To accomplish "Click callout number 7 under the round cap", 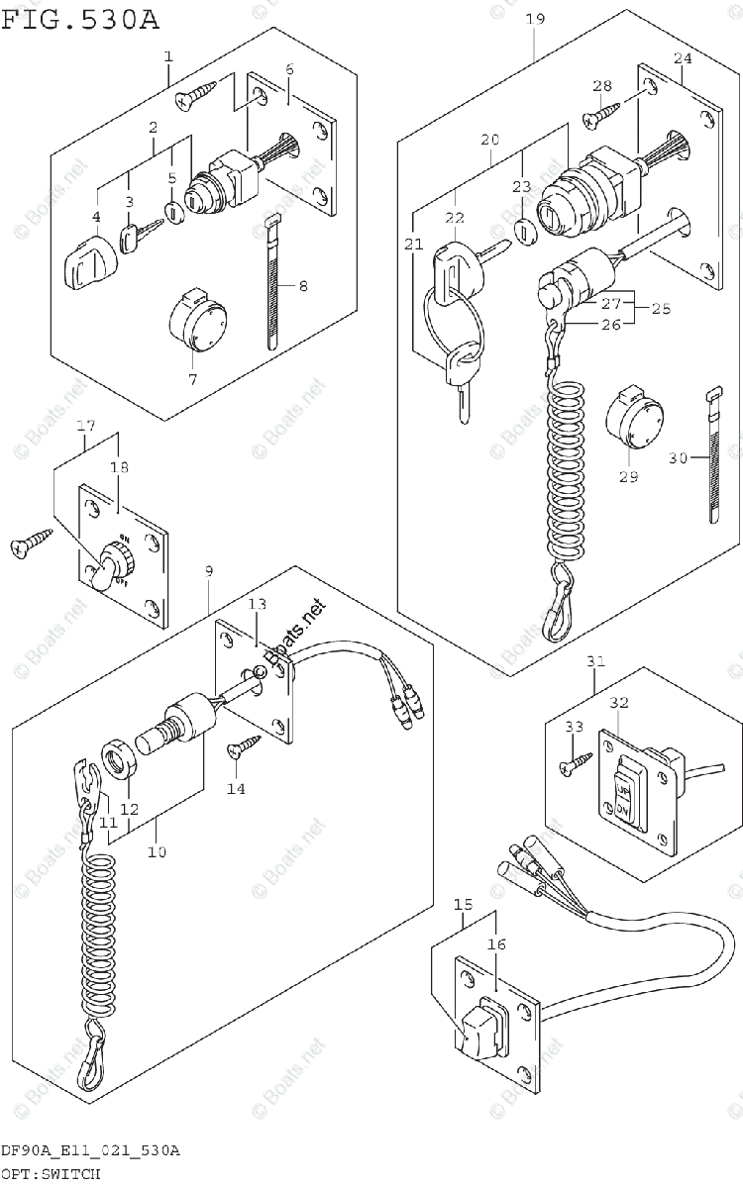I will pos(192,379).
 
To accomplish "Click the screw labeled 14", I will pos(242,744).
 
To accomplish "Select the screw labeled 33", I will pos(575,763).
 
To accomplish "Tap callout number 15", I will pos(463,905).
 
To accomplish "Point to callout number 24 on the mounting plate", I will pos(683,58).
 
